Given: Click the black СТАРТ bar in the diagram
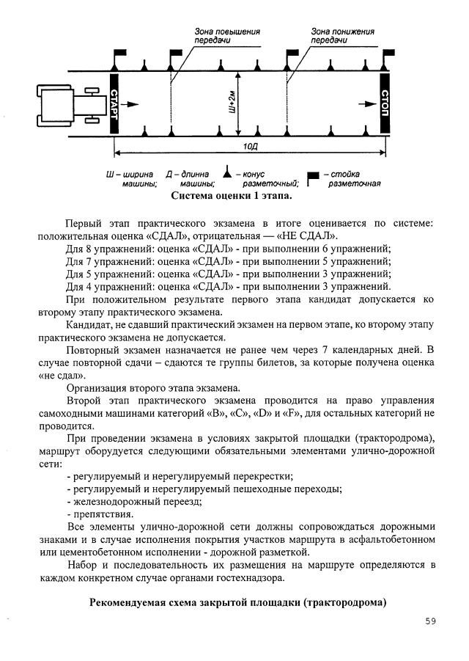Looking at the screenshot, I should tap(114, 104).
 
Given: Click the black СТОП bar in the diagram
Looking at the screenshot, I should tap(385, 103).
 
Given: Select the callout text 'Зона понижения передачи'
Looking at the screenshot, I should tap(341, 36).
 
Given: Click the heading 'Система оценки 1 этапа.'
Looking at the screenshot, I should tap(232, 197).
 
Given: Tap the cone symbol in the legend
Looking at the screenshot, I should tap(229, 175).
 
